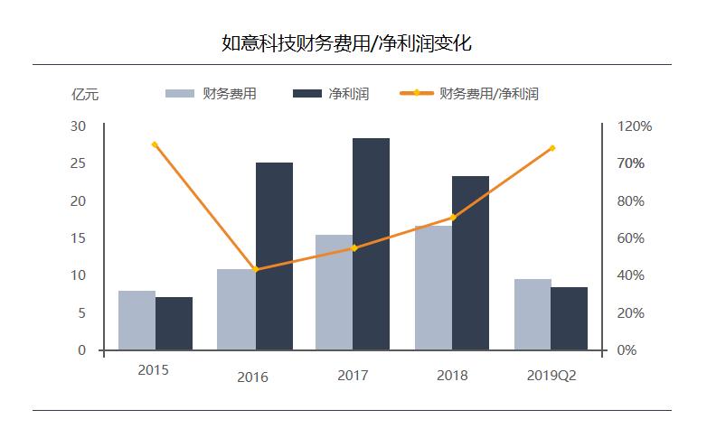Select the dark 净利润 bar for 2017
371,244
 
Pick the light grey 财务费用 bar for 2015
137,320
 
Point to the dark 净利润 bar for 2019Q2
569,318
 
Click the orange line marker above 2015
155,144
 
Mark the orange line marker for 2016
256,269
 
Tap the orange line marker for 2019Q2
551,148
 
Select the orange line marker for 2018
453,218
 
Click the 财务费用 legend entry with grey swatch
213,93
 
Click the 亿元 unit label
85,93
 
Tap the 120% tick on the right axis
634,126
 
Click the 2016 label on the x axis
252,377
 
